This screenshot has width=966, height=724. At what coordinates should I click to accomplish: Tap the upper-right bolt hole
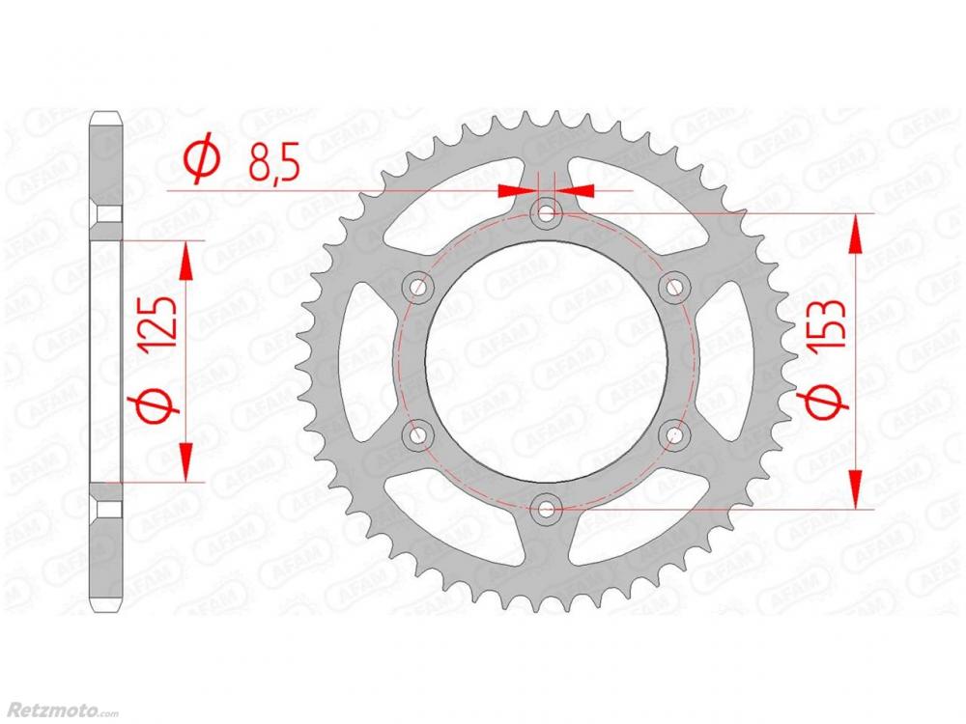click(674, 287)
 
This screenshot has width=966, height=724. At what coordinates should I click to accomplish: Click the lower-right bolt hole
click(674, 435)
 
